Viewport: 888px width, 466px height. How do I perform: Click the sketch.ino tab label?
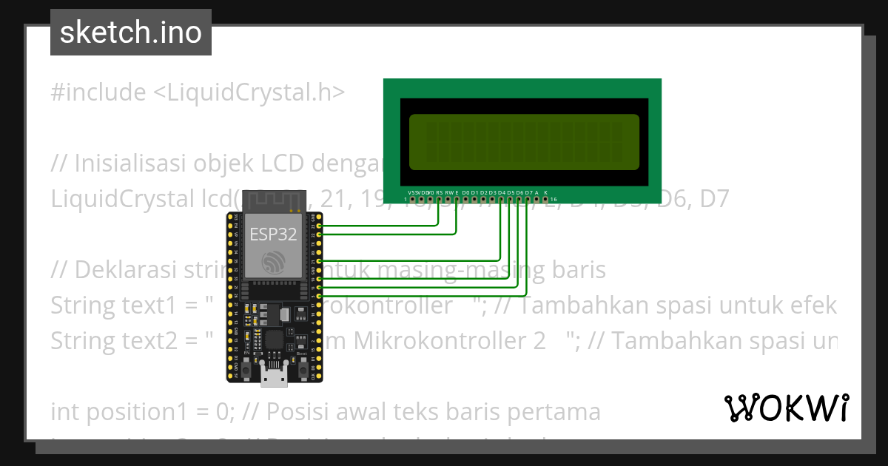[131, 33]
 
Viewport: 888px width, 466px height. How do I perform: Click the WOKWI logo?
[786, 408]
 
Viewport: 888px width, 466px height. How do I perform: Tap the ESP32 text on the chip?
[272, 235]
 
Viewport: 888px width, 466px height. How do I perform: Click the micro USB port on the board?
[275, 379]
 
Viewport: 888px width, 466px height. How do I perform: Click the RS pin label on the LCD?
[439, 192]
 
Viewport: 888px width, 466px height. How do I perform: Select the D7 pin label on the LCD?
[528, 192]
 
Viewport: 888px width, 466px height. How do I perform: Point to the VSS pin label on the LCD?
[412, 192]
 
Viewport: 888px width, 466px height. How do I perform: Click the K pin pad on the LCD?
[545, 200]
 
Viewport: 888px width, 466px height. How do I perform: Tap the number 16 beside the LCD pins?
[554, 200]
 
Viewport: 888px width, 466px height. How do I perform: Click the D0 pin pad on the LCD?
[465, 200]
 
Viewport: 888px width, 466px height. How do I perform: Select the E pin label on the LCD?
[457, 192]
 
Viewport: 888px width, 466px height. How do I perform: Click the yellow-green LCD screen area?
[524, 142]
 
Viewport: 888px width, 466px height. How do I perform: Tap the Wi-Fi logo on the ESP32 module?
[273, 260]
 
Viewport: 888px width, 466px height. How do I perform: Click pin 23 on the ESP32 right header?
[320, 226]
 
